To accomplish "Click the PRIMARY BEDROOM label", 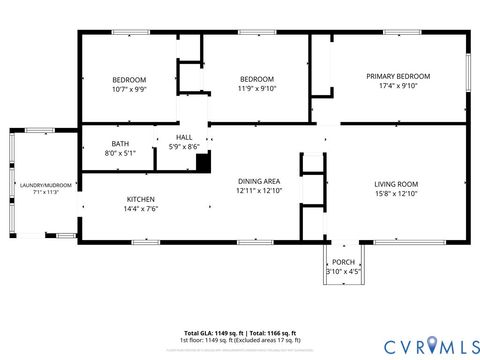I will (398, 76).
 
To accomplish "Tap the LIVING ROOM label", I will (396, 184).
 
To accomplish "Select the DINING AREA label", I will (259, 180).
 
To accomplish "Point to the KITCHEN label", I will (141, 199).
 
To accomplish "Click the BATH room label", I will (120, 144).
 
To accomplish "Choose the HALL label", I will (184, 137).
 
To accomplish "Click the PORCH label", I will (344, 262).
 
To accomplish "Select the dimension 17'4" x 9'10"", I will (398, 86).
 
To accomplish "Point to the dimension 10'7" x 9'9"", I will (129, 89).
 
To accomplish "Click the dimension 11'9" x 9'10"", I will (256, 89).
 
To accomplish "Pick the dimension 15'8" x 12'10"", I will (396, 193).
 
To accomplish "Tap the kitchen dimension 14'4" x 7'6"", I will (141, 209).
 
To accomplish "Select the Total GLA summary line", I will (240, 331).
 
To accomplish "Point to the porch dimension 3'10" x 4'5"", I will (344, 271).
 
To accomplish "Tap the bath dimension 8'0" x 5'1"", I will (120, 153).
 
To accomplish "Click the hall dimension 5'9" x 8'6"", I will (184, 146).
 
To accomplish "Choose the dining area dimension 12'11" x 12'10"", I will (259, 190).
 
